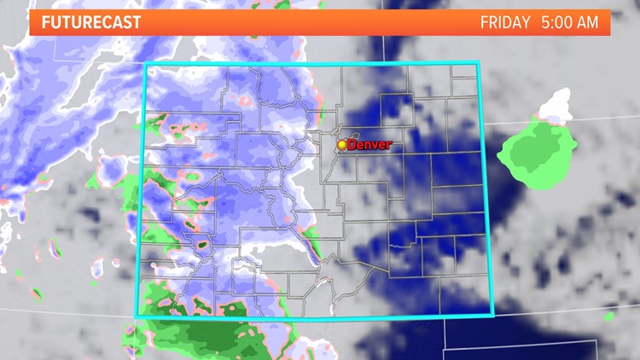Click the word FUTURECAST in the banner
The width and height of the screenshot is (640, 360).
coord(90,22)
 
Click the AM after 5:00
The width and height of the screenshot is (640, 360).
coord(588,22)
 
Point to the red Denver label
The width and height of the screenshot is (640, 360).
coord(369,145)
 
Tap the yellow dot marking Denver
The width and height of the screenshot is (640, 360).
coord(342,145)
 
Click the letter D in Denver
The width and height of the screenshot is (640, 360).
coord(352,145)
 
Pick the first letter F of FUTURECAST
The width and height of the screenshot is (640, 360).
coord(44,22)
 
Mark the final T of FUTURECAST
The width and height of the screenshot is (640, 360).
coord(137,22)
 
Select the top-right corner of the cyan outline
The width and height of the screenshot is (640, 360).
coord(478,62)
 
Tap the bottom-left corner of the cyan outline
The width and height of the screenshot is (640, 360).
coord(137,317)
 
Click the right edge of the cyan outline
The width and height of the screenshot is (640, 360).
coord(485,188)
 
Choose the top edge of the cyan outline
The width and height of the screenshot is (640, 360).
coord(311,63)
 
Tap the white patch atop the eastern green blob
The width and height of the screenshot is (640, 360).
coord(556,108)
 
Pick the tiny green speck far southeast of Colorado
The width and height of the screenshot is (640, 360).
coord(608,316)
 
